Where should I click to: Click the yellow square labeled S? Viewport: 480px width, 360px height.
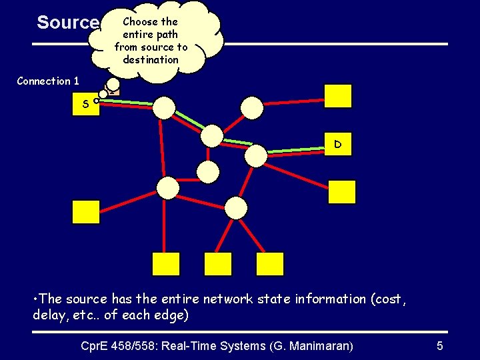86,104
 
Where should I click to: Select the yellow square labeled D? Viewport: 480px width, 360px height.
338,143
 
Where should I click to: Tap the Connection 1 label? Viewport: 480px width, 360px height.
48,81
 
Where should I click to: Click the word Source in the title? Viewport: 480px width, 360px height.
67,23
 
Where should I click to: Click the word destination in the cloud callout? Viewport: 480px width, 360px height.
151,60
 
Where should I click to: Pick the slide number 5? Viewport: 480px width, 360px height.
439,345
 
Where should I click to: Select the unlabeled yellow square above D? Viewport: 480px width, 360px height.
338,95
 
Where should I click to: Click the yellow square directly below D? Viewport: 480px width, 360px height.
342,192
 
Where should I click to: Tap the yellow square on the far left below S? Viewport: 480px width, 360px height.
85,212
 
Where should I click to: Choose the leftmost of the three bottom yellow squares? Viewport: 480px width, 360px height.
166,264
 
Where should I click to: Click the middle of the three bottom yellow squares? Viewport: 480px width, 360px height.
218,264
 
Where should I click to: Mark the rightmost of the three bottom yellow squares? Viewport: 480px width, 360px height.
270,264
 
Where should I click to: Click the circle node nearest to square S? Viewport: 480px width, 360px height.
164,107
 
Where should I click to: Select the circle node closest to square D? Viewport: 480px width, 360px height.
255,155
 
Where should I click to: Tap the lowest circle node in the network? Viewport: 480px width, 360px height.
235,208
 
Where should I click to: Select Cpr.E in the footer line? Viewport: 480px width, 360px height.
96,345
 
